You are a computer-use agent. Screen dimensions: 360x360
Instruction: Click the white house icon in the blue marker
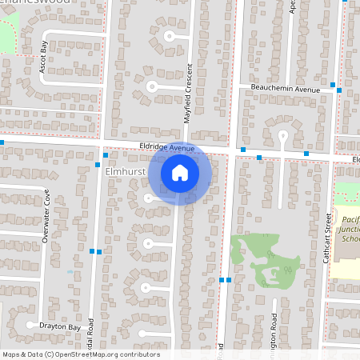[180, 172]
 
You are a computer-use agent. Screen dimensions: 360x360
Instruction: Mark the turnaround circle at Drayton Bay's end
[30, 326]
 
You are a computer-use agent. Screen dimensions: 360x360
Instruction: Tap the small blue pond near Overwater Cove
[70, 271]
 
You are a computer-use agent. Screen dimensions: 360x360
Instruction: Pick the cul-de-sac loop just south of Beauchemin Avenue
[282, 134]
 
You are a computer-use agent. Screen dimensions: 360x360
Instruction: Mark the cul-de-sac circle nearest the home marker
[149, 198]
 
